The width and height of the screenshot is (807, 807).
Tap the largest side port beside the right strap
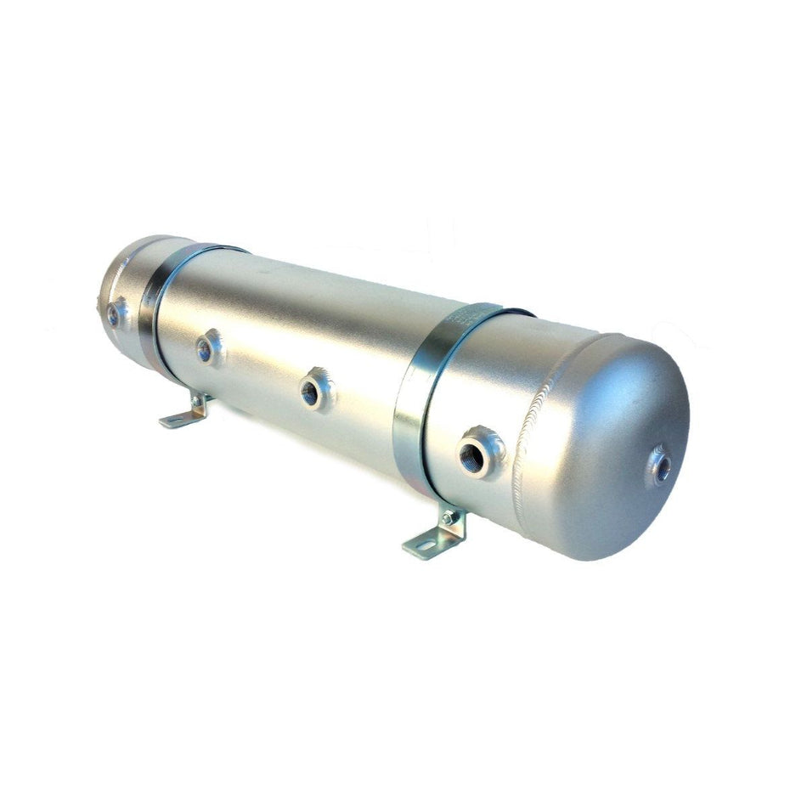(481, 452)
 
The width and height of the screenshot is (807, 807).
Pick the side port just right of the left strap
(207, 347)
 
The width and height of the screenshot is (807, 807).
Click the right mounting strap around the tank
(425, 399)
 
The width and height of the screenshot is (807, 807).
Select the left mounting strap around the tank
(158, 306)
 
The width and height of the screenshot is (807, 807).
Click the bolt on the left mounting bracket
(197, 400)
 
